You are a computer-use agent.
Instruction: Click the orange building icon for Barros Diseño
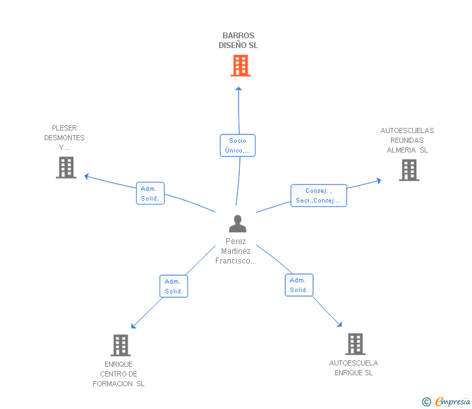click(241, 66)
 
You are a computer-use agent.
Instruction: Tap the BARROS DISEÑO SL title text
click(238, 40)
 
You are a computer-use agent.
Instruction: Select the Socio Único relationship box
click(237, 145)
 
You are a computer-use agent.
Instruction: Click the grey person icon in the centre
click(237, 223)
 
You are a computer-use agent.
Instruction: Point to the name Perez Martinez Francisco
click(236, 251)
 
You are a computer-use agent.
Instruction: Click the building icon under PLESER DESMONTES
click(66, 167)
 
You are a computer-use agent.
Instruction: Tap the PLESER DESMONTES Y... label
click(64, 138)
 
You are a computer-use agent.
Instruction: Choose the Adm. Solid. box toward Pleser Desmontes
click(150, 193)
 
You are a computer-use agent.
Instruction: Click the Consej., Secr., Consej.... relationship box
click(319, 195)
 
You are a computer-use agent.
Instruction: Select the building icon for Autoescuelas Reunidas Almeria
click(409, 170)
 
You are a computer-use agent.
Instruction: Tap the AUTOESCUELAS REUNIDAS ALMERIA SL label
click(407, 140)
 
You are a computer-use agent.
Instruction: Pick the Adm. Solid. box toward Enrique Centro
click(174, 286)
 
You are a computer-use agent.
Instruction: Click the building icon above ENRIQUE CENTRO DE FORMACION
click(121, 345)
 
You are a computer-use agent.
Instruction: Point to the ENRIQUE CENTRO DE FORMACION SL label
click(119, 374)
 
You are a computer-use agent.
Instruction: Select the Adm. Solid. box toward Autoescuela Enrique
click(299, 285)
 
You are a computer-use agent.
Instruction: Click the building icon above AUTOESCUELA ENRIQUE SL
click(355, 344)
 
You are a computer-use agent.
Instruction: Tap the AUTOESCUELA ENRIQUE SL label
click(354, 367)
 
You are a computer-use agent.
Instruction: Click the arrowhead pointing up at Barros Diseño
click(239, 88)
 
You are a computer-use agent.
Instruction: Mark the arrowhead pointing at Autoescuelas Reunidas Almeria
click(379, 180)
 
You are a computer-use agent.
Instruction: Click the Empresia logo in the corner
click(446, 402)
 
